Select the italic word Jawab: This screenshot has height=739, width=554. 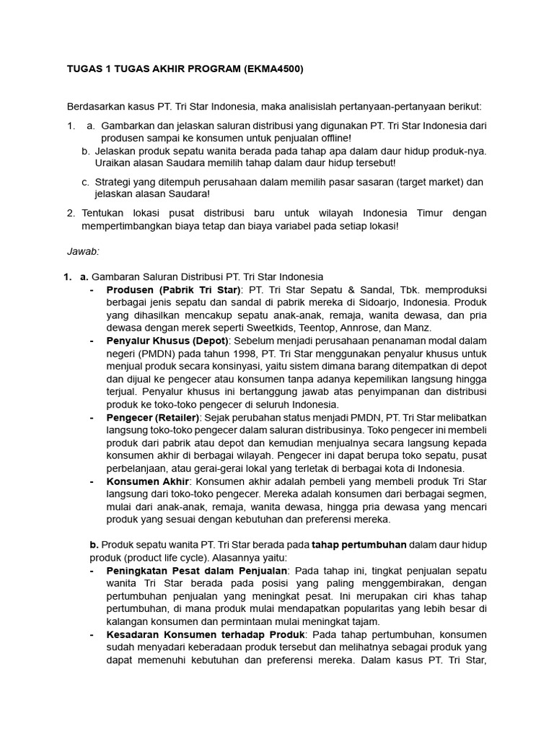[83, 251]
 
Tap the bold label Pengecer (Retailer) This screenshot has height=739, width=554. [152, 417]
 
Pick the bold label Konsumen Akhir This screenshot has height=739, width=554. [148, 481]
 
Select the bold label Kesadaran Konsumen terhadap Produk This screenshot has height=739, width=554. [201, 634]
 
